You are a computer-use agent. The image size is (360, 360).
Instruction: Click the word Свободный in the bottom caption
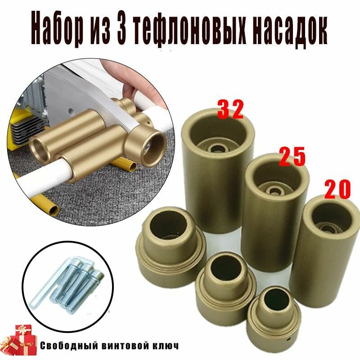point(67,346)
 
